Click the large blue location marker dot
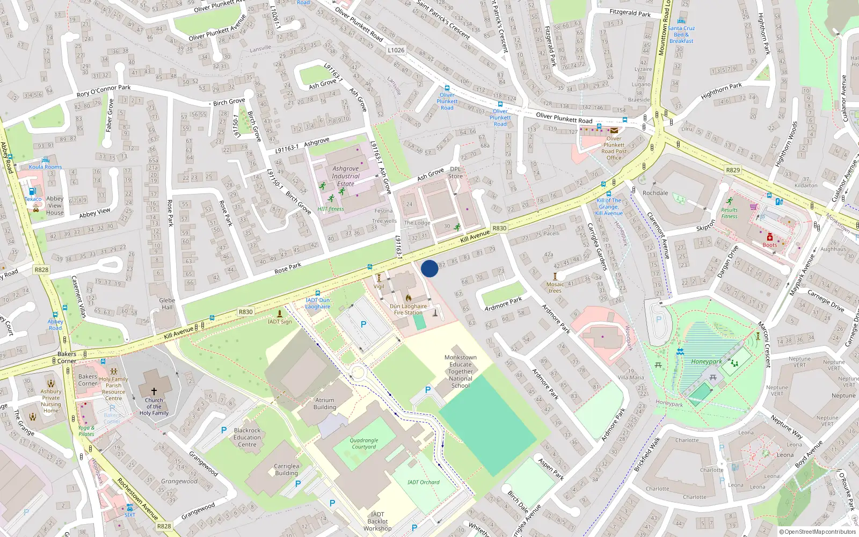pyautogui.click(x=429, y=268)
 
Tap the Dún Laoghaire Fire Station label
pyautogui.click(x=408, y=309)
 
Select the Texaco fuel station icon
pyautogui.click(x=32, y=191)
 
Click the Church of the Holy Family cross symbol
pyautogui.click(x=154, y=391)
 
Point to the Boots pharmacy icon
pyautogui.click(x=769, y=237)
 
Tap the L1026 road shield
pyautogui.click(x=396, y=50)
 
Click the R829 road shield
pyautogui.click(x=732, y=170)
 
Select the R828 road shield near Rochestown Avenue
pyautogui.click(x=164, y=526)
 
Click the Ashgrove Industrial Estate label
pyautogui.click(x=345, y=176)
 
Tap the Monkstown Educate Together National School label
pyautogui.click(x=460, y=371)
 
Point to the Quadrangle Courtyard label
pyautogui.click(x=364, y=444)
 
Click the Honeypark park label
pyautogui.click(x=706, y=361)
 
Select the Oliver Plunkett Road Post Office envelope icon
pyautogui.click(x=614, y=130)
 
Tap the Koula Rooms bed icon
pyautogui.click(x=46, y=160)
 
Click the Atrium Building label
pyautogui.click(x=324, y=403)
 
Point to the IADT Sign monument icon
pyautogui.click(x=279, y=314)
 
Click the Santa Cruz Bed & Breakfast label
pyautogui.click(x=681, y=34)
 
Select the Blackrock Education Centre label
pyautogui.click(x=247, y=437)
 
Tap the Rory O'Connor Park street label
pyautogui.click(x=103, y=91)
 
